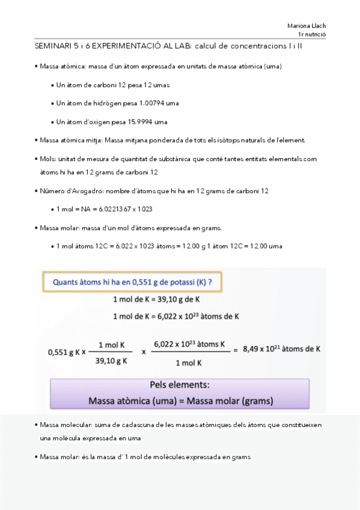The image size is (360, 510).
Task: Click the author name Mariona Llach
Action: point(307,26)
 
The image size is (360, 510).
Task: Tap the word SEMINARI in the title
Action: point(50,46)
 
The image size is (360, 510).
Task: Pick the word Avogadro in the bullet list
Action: point(82,191)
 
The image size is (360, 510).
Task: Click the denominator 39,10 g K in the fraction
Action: point(111,362)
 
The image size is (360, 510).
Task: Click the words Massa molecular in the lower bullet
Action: point(64,425)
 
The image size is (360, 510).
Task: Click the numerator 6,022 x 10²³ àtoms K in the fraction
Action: point(189,344)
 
